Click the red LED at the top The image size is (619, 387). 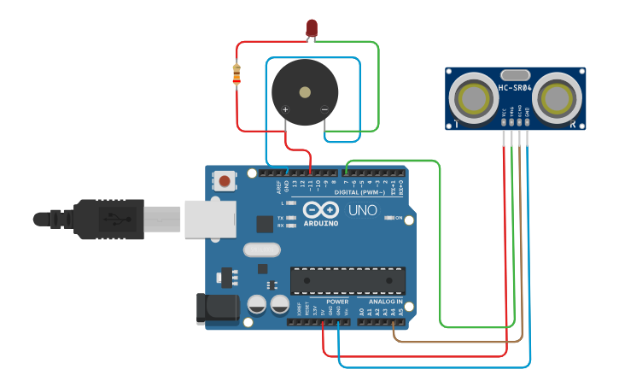click(x=312, y=29)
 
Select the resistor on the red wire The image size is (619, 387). click(x=237, y=75)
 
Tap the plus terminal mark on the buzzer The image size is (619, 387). click(x=285, y=109)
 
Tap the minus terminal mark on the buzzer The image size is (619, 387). click(x=324, y=109)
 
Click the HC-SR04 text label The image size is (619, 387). click(x=516, y=88)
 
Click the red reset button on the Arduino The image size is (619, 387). click(x=225, y=180)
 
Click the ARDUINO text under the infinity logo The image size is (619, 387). click(x=320, y=223)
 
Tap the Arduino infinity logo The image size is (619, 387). click(x=320, y=210)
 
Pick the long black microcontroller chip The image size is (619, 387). click(x=347, y=279)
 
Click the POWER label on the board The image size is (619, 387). click(x=337, y=302)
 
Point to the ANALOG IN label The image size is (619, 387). click(x=386, y=302)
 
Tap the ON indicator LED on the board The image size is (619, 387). click(x=388, y=218)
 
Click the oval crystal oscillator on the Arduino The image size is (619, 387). click(x=260, y=250)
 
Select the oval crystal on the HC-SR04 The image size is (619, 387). click(x=516, y=75)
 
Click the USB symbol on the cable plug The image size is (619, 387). click(x=112, y=219)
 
